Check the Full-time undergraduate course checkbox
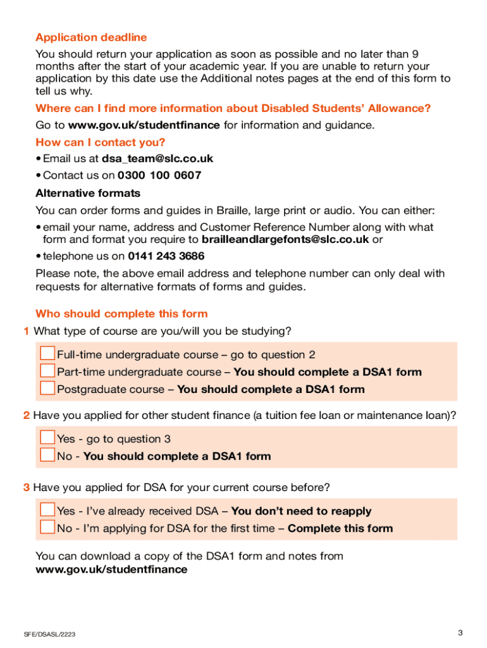click(47, 354)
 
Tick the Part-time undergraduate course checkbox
click(47, 371)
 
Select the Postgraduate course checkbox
click(47, 388)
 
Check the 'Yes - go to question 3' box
click(47, 438)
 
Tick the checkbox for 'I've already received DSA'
click(47, 510)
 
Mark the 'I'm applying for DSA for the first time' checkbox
click(47, 527)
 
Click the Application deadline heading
click(91, 37)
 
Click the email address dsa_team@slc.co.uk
click(157, 159)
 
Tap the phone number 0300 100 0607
click(159, 175)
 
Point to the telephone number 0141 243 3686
click(166, 256)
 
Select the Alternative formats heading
click(88, 193)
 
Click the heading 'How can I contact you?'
click(100, 142)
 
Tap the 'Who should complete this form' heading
click(121, 314)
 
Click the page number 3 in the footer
click(460, 633)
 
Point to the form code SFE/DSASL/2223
click(50, 634)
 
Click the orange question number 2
click(26, 416)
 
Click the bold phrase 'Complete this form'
click(340, 528)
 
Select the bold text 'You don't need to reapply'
click(301, 511)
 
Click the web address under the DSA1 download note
click(111, 570)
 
